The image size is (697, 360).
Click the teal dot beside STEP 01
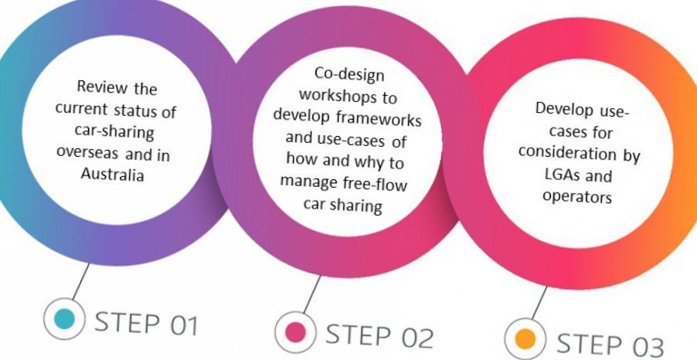64,318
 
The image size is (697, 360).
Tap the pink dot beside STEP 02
296,332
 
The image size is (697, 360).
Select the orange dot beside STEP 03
525,340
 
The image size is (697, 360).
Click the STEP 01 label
146,324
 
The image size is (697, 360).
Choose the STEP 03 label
610,345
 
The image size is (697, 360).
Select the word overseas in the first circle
87,152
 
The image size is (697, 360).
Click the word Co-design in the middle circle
349,74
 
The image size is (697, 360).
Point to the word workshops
347,95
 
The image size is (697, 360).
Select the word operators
577,196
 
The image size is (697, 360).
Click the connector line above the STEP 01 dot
80,281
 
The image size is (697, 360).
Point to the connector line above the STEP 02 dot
312,294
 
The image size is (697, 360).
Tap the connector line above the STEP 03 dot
539,303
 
